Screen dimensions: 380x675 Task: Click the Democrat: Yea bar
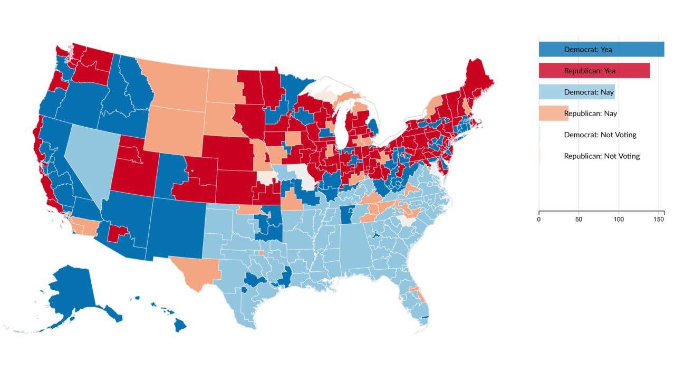tap(601, 49)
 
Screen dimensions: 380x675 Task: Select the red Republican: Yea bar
tap(594, 71)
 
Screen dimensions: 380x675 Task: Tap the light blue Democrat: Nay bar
tap(576, 92)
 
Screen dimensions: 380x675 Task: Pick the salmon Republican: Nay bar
tap(553, 113)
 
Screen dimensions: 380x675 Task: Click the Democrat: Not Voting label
tap(600, 135)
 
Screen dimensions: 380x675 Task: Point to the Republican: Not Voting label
tap(601, 156)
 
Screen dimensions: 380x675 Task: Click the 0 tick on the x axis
tap(539, 219)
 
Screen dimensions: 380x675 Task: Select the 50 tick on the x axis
tap(578, 219)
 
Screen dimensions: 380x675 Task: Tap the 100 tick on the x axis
tap(618, 219)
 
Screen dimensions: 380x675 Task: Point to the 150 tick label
tap(658, 219)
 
